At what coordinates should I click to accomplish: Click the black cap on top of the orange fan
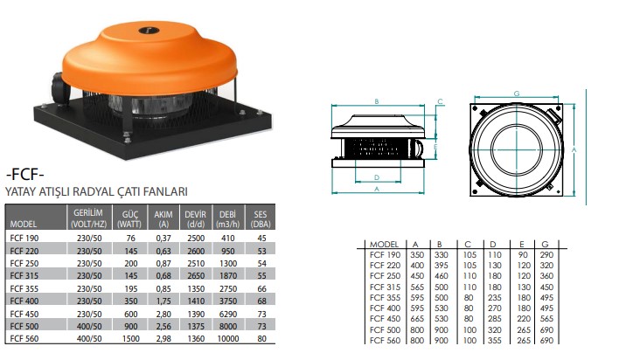click(149, 30)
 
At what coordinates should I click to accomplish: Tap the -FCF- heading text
click(24, 175)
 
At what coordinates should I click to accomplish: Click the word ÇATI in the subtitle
click(132, 191)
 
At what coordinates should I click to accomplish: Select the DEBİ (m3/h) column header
click(227, 219)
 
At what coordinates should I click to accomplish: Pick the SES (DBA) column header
click(261, 219)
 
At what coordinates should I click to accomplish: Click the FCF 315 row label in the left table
click(24, 276)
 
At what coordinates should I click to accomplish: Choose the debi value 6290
click(228, 314)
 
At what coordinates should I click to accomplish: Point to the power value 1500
click(130, 339)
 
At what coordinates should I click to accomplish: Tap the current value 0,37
click(163, 239)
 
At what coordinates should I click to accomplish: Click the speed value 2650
click(196, 276)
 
